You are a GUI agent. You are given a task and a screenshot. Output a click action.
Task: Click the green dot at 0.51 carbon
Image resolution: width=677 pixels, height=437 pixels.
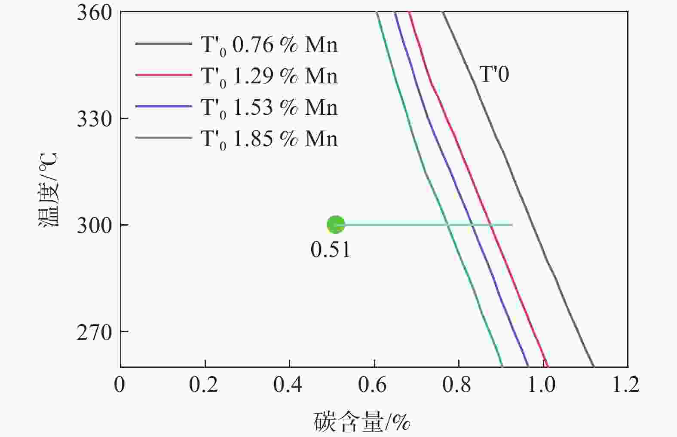click(335, 224)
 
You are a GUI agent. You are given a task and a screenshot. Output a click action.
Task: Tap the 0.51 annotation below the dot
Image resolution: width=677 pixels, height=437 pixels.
click(331, 250)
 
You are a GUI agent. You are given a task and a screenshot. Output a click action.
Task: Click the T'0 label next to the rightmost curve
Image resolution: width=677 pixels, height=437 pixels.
click(494, 74)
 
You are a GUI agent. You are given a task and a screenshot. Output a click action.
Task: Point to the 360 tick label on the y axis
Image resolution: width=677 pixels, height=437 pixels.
click(94, 12)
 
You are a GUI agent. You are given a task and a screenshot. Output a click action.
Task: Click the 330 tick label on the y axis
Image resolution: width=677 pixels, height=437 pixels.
click(94, 119)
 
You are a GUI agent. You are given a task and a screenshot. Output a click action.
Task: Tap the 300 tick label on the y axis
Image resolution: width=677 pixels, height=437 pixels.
click(94, 225)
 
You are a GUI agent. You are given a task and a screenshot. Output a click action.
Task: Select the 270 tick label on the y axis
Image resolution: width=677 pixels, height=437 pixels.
click(94, 332)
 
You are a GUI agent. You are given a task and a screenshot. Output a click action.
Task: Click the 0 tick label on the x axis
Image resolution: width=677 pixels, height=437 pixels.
click(119, 385)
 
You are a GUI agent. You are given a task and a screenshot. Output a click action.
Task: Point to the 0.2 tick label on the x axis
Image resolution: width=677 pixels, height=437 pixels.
click(204, 385)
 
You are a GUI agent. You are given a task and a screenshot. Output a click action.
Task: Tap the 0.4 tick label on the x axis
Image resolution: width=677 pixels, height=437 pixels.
click(288, 385)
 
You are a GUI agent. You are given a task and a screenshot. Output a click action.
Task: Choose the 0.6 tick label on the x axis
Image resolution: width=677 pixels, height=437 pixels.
click(373, 385)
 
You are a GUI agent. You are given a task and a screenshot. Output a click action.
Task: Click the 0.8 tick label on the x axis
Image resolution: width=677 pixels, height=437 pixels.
click(457, 385)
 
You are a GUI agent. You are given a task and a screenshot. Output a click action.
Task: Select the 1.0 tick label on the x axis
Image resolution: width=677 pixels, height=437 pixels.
click(542, 385)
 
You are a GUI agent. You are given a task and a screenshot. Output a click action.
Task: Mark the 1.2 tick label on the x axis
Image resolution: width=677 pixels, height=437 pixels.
click(626, 385)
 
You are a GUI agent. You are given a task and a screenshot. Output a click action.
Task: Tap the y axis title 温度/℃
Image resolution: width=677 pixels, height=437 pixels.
click(48, 189)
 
